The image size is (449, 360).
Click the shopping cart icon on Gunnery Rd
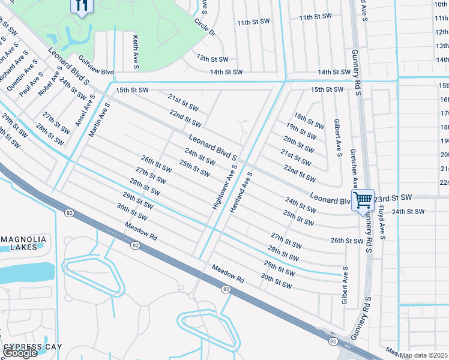tap(363, 200)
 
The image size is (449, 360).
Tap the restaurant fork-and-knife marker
tap(82, 5)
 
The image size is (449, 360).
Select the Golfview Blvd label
tap(96, 65)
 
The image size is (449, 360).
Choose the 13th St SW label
tap(212, 59)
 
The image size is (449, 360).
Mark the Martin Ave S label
tap(99, 120)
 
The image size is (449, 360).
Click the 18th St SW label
tap(309, 121)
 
